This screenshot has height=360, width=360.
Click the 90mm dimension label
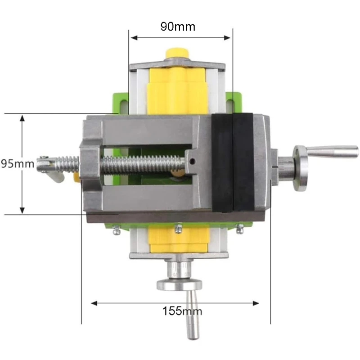click(178, 27)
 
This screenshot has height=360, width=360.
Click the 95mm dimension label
click(17, 163)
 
